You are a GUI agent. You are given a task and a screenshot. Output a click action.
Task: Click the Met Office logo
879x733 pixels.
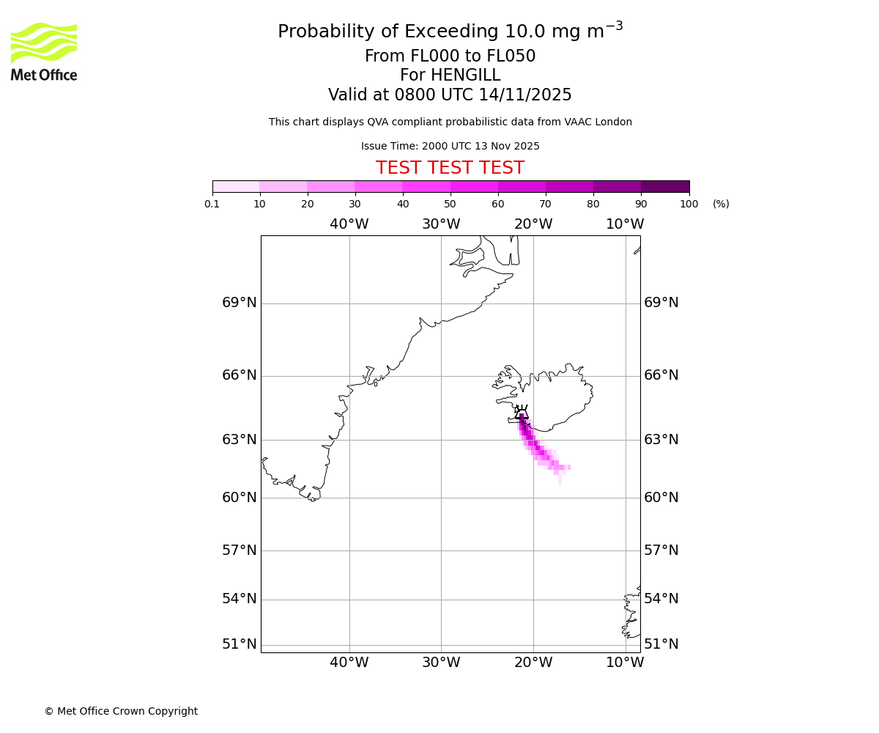44,51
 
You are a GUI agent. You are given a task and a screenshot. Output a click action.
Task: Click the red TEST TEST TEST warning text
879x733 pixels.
450,168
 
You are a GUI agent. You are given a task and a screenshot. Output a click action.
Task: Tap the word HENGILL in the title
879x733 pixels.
465,75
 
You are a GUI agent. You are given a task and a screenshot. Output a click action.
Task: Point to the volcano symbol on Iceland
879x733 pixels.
522,413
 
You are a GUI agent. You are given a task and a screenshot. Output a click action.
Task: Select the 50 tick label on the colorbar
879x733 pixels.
450,204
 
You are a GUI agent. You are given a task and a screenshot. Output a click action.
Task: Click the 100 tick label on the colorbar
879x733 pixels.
689,204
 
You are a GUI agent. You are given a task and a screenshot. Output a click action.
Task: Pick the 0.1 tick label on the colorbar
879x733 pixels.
212,204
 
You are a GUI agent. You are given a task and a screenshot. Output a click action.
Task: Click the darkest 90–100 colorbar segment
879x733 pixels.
665,186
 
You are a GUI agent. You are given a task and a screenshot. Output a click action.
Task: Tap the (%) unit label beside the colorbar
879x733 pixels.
721,204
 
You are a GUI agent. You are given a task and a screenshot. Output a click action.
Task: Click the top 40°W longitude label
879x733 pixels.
349,224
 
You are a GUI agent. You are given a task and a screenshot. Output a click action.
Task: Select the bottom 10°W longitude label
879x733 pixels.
625,663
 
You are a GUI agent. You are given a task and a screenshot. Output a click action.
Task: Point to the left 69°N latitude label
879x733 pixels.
240,303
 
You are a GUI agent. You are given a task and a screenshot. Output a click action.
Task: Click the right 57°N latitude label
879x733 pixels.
661,550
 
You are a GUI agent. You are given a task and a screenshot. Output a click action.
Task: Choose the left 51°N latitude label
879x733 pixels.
240,644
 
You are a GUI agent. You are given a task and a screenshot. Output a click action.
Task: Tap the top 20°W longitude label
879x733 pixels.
533,224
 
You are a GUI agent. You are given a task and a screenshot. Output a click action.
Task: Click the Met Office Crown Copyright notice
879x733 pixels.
121,711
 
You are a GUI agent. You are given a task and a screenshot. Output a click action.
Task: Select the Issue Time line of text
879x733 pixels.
450,146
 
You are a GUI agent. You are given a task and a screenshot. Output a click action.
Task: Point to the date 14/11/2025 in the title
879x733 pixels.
525,95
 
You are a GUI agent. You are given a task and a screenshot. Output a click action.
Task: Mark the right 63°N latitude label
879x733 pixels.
661,440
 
